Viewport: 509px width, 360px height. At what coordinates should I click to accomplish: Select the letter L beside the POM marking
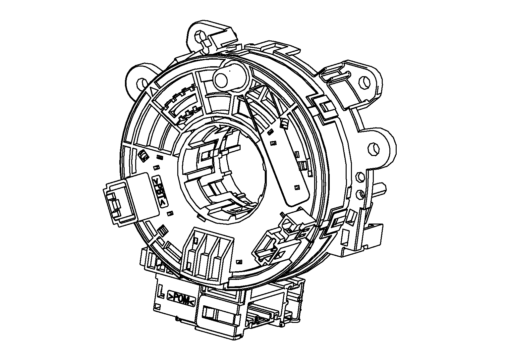tap(161, 291)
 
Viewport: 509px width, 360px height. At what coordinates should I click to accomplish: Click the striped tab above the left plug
tap(143, 155)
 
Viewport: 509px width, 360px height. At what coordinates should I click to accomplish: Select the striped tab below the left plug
tap(162, 229)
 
